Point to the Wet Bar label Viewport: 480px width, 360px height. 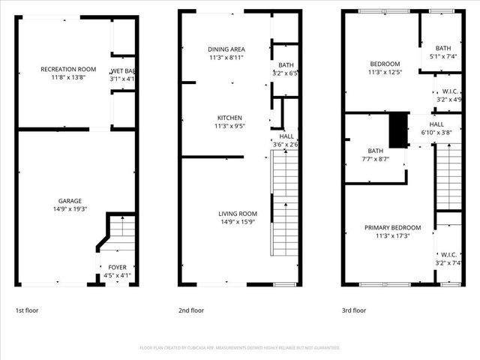pyautogui.click(x=123, y=70)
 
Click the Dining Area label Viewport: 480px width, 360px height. pyautogui.click(x=226, y=49)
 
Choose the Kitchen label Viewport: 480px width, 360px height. pyautogui.click(x=226, y=118)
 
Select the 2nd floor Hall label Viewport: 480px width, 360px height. pyautogui.click(x=286, y=136)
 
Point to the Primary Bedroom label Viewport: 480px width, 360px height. pyautogui.click(x=392, y=228)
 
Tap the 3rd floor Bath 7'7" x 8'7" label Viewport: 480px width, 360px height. pyautogui.click(x=375, y=151)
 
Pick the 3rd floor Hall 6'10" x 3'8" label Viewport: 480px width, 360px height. pyautogui.click(x=436, y=124)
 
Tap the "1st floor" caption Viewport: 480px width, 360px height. pyautogui.click(x=28, y=310)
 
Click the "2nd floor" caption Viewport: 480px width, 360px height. pyautogui.click(x=191, y=310)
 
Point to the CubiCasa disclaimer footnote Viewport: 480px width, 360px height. pyautogui.click(x=240, y=348)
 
